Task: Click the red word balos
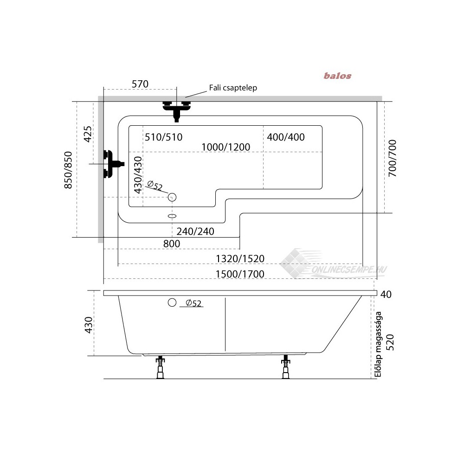click(338, 76)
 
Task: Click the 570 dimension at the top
click(140, 84)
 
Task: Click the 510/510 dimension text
click(163, 137)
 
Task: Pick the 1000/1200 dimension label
click(226, 147)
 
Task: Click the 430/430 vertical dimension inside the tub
click(137, 175)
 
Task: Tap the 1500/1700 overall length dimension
click(240, 274)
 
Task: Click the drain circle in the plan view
click(172, 197)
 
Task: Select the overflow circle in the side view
click(172, 303)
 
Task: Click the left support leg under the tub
click(160, 367)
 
